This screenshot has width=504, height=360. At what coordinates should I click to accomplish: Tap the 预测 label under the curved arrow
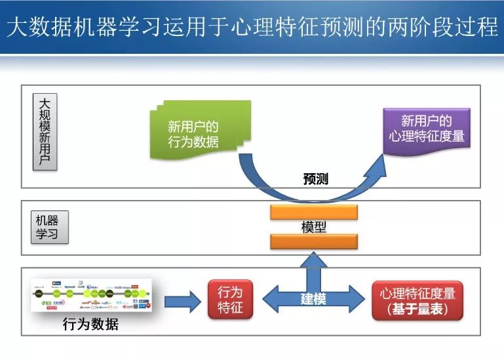(316, 179)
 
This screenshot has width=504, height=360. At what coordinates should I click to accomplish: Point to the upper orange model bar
(314, 212)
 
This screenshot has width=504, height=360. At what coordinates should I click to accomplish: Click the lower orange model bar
(314, 241)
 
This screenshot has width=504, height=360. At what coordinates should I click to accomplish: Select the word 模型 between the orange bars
(314, 227)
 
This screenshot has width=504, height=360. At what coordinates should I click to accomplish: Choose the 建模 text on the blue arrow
(314, 298)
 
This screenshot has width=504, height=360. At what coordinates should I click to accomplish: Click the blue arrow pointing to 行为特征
(183, 301)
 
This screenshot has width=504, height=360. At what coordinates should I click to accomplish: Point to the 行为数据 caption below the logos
(90, 324)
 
